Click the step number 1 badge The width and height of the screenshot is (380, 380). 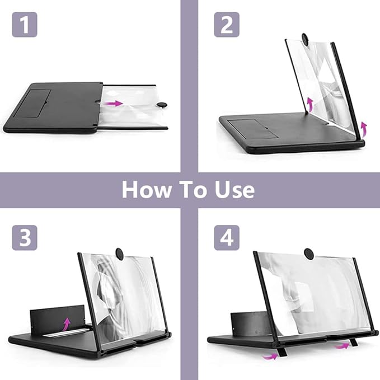(x=25, y=25)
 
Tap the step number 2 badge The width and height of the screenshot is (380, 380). (x=227, y=25)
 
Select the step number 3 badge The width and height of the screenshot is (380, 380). (x=25, y=237)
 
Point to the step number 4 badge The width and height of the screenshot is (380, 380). (x=227, y=237)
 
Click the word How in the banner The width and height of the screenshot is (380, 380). (x=146, y=190)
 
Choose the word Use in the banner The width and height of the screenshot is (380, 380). (x=234, y=190)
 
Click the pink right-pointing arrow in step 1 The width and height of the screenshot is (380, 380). (x=114, y=103)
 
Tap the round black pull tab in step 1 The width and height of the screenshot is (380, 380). (x=161, y=105)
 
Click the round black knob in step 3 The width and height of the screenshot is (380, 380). (x=119, y=254)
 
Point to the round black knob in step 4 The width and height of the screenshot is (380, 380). (x=309, y=254)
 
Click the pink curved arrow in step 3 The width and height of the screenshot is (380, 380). (x=66, y=324)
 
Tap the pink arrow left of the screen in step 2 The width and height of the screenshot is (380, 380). (x=309, y=105)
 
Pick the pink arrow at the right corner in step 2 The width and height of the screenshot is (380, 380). (x=364, y=129)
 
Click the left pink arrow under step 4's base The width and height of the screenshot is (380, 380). (x=270, y=356)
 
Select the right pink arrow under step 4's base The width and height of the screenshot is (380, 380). (x=342, y=346)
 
